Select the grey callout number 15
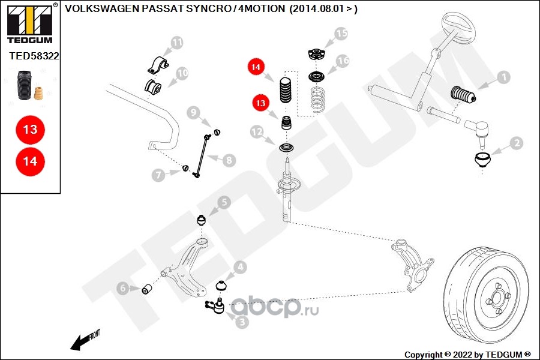point(341,34)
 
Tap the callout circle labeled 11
point(176,43)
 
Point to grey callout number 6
point(123,289)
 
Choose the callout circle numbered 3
point(241,322)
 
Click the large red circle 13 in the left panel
point(30,129)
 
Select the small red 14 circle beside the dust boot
point(256,68)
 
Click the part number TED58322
point(34,56)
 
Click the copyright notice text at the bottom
point(467,354)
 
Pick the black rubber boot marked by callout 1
point(462,96)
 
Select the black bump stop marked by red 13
point(286,125)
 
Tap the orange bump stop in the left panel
point(40,94)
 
